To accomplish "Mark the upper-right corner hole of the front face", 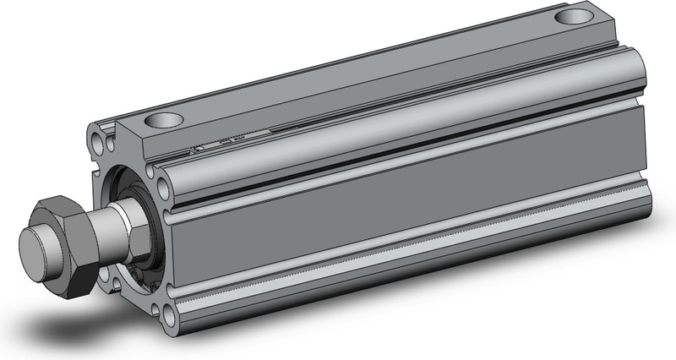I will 160,175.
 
